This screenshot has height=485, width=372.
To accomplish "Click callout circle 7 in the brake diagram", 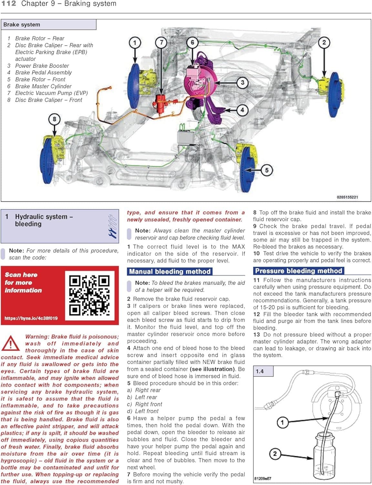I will pyautogui.click(x=161, y=42).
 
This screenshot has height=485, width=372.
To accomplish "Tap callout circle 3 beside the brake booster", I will pyautogui.click(x=242, y=82).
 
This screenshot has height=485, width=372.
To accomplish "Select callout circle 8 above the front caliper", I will pyautogui.click(x=54, y=119).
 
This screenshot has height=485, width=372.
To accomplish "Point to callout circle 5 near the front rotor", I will pyautogui.click(x=266, y=170).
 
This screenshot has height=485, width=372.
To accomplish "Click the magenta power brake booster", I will pyautogui.click(x=197, y=82).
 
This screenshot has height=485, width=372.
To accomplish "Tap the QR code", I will pyautogui.click(x=89, y=295).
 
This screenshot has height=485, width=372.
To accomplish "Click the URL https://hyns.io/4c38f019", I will pyautogui.click(x=31, y=318).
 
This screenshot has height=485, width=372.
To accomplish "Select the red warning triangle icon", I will pyautogui.click(x=10, y=343).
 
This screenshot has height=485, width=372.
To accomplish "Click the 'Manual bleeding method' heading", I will pyautogui.click(x=170, y=272).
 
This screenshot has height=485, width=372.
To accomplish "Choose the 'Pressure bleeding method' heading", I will pyautogui.click(x=298, y=271).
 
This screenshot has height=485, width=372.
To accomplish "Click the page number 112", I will pyautogui.click(x=9, y=4).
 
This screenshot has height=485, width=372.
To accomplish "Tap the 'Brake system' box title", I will pyautogui.click(x=22, y=25).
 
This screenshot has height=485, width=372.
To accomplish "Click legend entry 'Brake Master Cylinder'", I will pyautogui.click(x=43, y=86).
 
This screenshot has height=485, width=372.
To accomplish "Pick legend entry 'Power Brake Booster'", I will pyautogui.click(x=42, y=66).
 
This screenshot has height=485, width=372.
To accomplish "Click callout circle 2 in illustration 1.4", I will pyautogui.click(x=275, y=454).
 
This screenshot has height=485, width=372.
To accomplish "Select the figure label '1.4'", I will pyautogui.click(x=260, y=371).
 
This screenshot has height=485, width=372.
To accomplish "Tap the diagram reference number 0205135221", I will pyautogui.click(x=347, y=197).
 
